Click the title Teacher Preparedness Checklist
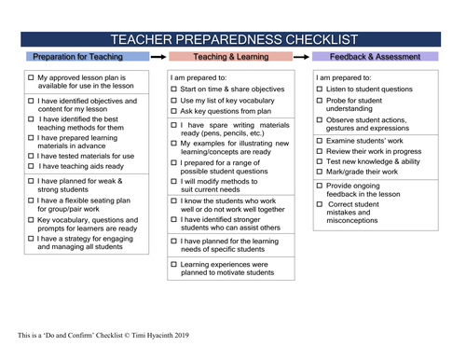click(232, 39)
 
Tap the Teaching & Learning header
click(231, 57)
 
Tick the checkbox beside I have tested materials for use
click(32, 156)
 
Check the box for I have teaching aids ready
click(32, 166)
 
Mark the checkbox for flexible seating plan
click(32, 200)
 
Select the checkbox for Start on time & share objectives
click(174, 89)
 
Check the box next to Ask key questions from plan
click(174, 111)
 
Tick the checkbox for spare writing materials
click(174, 125)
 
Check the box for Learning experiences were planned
click(174, 265)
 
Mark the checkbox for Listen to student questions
click(319, 89)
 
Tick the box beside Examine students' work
click(319, 139)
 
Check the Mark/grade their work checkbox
click(319, 172)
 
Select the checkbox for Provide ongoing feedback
click(319, 187)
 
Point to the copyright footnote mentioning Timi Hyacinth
click(111, 334)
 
